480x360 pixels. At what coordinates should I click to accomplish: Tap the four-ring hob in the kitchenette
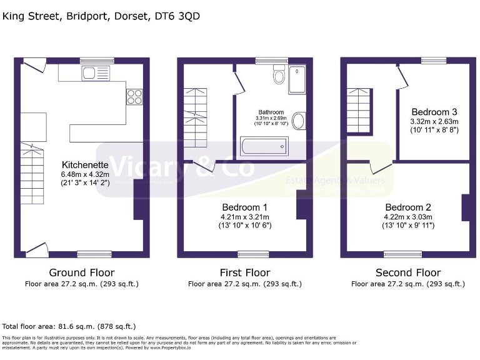(x=135, y=96)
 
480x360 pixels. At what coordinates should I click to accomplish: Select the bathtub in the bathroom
(x=264, y=146)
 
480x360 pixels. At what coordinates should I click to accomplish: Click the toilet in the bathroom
(x=279, y=77)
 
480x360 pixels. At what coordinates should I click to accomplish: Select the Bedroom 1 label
(x=244, y=207)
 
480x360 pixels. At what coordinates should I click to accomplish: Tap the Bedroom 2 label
(x=407, y=207)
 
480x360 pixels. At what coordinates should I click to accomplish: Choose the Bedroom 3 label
(x=434, y=112)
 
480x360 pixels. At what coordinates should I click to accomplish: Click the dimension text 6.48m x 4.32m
(x=85, y=174)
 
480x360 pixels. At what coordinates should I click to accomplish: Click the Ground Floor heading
(x=82, y=272)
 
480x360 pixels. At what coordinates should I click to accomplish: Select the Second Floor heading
(x=407, y=272)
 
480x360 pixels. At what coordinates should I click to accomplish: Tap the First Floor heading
(x=244, y=272)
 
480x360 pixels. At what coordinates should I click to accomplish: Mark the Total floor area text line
(x=69, y=326)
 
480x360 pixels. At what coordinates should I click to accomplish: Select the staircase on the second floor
(x=359, y=111)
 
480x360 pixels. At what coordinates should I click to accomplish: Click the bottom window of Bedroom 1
(x=249, y=254)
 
